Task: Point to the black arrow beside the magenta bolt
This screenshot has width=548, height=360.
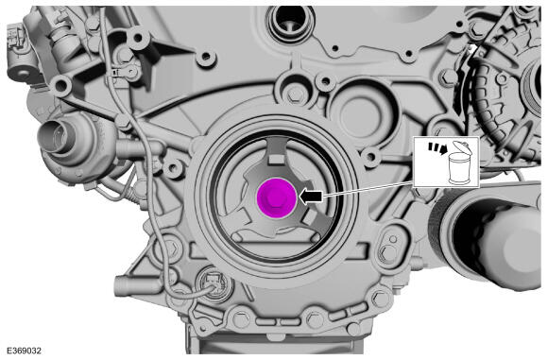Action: point(312,196)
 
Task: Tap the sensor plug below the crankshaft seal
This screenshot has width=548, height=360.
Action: point(210,281)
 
